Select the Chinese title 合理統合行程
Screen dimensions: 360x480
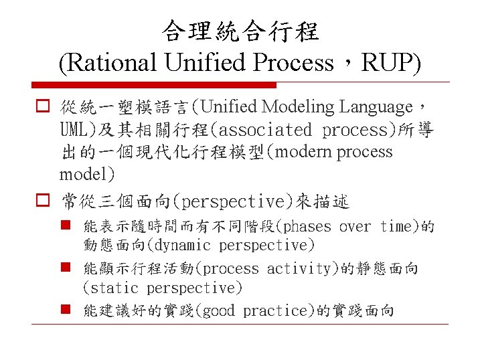(240, 31)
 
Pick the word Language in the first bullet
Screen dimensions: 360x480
(376, 107)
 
